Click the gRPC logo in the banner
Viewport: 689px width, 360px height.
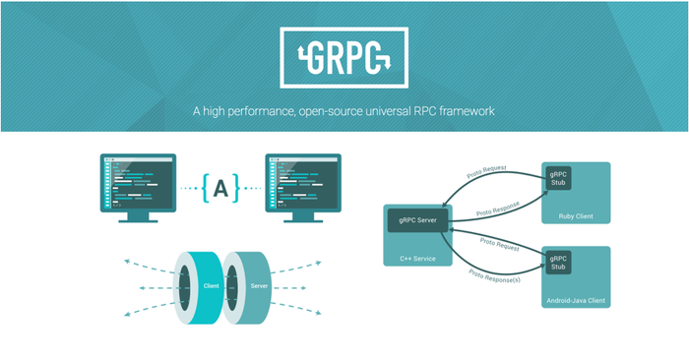pos(344,56)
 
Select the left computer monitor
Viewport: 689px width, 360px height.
pos(138,180)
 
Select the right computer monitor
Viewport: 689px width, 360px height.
pos(303,180)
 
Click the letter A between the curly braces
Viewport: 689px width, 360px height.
pos(220,187)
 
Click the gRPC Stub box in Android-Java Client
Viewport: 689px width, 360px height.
pos(558,263)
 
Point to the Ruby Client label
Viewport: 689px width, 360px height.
pos(576,216)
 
